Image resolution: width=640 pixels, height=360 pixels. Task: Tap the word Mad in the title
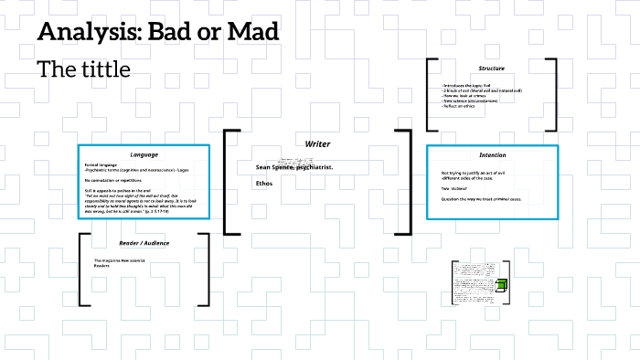pyautogui.click(x=252, y=33)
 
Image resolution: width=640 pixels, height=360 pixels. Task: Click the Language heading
pyautogui.click(x=144, y=154)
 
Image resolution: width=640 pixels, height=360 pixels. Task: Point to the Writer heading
pyautogui.click(x=317, y=144)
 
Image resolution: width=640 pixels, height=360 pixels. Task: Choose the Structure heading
pyautogui.click(x=491, y=69)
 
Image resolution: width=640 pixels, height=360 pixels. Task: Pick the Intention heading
pyautogui.click(x=492, y=154)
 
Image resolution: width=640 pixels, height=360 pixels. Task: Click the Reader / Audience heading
pyautogui.click(x=144, y=243)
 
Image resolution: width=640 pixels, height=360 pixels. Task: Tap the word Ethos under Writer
pyautogui.click(x=264, y=184)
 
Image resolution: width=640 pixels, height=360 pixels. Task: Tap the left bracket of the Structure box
pyautogui.click(x=430, y=95)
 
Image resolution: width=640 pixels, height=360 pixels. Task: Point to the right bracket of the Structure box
pyautogui.click(x=552, y=95)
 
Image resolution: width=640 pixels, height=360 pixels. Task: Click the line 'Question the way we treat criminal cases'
pyautogui.click(x=481, y=198)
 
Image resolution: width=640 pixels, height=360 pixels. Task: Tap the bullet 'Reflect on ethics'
pyautogui.click(x=463, y=106)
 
